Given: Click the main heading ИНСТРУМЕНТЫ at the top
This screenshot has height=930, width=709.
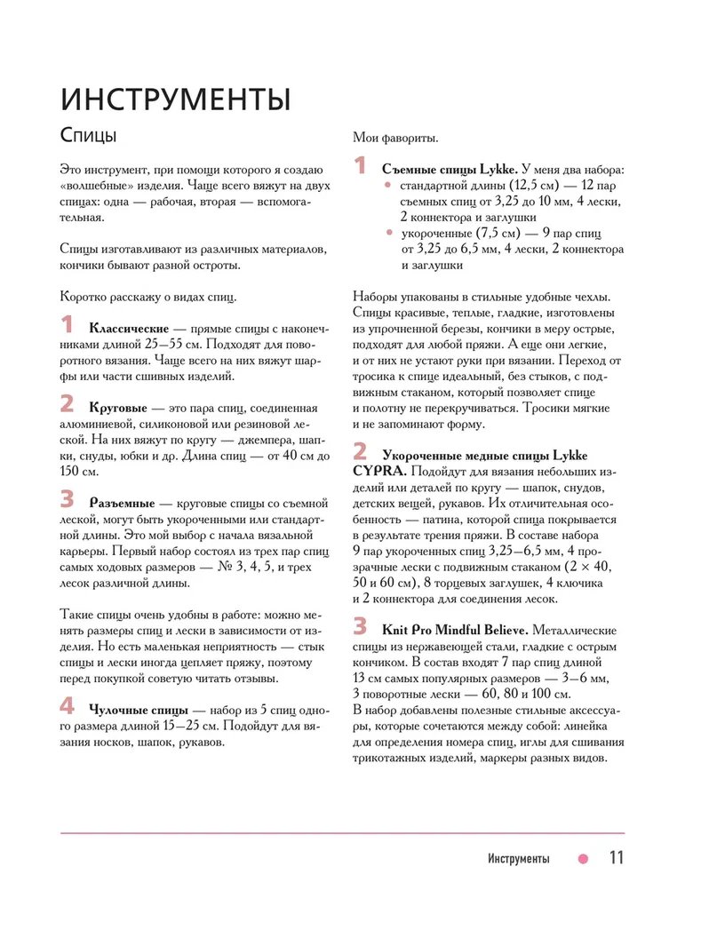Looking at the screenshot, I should click(175, 99).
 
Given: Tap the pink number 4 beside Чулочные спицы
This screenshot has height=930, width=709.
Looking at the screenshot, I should click(68, 707).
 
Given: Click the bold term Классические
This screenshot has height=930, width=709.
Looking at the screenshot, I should click(129, 329).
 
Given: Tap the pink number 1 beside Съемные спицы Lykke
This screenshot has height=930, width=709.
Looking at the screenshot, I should click(360, 166).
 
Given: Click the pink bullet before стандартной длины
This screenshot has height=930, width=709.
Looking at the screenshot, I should click(387, 185).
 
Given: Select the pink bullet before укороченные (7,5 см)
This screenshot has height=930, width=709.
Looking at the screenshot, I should click(387, 233).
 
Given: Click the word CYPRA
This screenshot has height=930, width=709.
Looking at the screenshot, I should click(378, 471).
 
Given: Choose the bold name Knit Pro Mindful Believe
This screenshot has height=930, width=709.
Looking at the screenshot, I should click(455, 630).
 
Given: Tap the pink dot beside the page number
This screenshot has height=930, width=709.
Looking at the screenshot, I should click(583, 859).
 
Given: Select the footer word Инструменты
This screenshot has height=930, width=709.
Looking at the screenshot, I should click(518, 859).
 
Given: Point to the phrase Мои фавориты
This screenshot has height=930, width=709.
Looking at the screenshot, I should click(394, 138).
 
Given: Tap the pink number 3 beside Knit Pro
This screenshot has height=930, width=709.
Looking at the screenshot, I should click(360, 626).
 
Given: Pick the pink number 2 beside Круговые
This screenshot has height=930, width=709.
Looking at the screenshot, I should click(68, 404).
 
